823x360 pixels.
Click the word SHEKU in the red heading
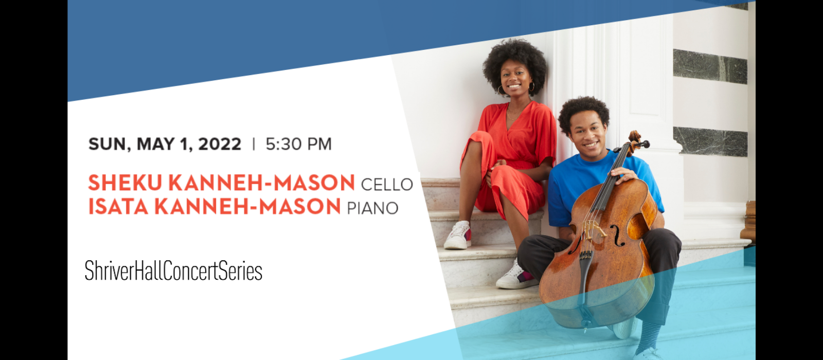pyautogui.click(x=125, y=183)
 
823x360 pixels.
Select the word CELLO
pyautogui.click(x=387, y=185)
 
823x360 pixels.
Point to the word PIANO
pyautogui.click(x=372, y=208)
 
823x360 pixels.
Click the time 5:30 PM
pyautogui.click(x=299, y=144)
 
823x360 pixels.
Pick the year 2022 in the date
pyautogui.click(x=220, y=144)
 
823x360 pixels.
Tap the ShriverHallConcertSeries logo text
pyautogui.click(x=173, y=271)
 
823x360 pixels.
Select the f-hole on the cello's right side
pyautogui.click(x=617, y=236)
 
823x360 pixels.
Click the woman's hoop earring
pyautogui.click(x=532, y=87)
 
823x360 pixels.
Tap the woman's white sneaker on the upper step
pyautogui.click(x=458, y=236)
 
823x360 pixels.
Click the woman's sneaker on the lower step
pyautogui.click(x=516, y=276)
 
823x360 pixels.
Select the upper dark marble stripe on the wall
pyautogui.click(x=710, y=66)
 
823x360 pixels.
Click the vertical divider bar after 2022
pyautogui.click(x=254, y=144)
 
